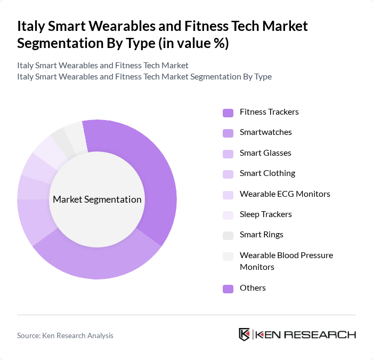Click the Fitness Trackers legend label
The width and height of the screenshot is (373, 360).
(x=269, y=112)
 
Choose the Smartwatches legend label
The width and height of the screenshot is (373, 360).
(x=265, y=132)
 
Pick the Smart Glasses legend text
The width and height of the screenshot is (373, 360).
(x=265, y=153)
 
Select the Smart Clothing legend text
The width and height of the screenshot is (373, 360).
(x=267, y=173)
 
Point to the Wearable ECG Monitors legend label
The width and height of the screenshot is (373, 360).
(x=285, y=194)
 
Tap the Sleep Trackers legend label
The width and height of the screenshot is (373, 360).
(x=265, y=214)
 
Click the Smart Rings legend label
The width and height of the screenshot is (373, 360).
(x=261, y=235)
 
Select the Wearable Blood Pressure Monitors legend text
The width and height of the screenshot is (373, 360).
(x=286, y=261)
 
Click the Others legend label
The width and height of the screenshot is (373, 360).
(x=253, y=288)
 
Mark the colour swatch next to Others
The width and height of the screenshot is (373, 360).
(x=228, y=289)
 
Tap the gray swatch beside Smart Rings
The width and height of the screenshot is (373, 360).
(x=228, y=235)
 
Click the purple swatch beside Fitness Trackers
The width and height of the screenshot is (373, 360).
(x=228, y=113)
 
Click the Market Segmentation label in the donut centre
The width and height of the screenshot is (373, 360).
(x=97, y=199)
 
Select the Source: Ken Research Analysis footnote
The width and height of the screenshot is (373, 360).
(x=65, y=335)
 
